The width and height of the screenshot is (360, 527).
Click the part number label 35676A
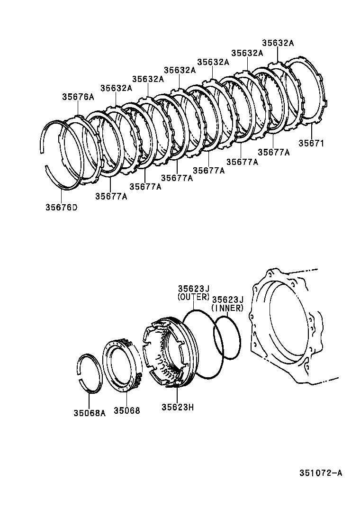pyautogui.click(x=78, y=97)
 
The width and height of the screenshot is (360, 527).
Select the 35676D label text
pyautogui.click(x=62, y=207)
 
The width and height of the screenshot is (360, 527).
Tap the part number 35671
pyautogui.click(x=311, y=143)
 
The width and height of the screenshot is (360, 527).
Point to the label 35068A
pyautogui.click(x=89, y=412)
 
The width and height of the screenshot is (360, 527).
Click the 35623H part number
pyautogui.click(x=178, y=407)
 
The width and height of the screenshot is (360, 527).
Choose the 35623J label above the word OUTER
pyautogui.click(x=193, y=289)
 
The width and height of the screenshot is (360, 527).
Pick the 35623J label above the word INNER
pyautogui.click(x=227, y=300)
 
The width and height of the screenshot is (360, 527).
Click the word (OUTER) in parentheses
pyautogui.click(x=193, y=297)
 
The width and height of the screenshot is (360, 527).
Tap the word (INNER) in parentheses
pyautogui.click(x=227, y=308)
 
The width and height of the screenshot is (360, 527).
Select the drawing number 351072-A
pyautogui.click(x=321, y=473)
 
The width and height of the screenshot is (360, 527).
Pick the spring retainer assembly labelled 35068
pyautogui.click(x=122, y=365)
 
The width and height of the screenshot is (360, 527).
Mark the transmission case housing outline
pyautogui.click(x=294, y=327)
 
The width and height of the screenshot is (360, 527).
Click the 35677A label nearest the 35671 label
pyautogui.click(x=273, y=152)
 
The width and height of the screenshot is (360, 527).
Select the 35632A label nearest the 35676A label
pyautogui.click(x=116, y=88)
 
